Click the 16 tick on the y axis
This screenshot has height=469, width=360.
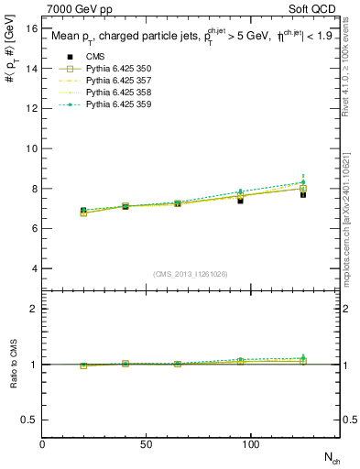pos(31,28)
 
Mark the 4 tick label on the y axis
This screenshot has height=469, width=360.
pos(34,268)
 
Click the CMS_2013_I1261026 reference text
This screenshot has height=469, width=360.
pos(191,274)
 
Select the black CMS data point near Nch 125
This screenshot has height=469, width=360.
pos(303,194)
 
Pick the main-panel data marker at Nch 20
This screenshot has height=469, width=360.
pos(84,212)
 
